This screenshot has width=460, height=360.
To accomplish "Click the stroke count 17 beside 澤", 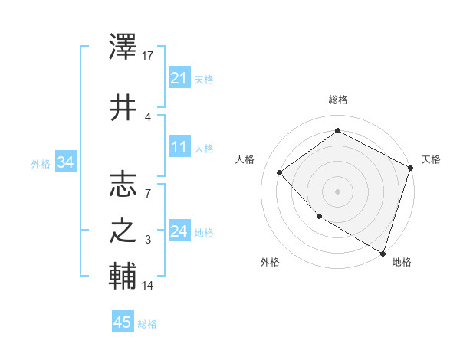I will pos(148,56).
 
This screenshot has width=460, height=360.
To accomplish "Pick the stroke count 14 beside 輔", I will pos(148,286).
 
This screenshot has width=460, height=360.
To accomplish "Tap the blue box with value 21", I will pos(179,78).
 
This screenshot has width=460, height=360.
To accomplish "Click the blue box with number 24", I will pos(179,231).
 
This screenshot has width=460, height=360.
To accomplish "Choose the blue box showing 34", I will pos(65,162).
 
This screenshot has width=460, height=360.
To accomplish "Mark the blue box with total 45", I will pos(123,322).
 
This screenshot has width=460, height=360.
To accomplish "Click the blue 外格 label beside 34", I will pos(40,163).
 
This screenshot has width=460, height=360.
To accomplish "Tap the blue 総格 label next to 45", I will pos(147,324).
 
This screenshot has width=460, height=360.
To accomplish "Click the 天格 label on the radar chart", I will pos(431,159).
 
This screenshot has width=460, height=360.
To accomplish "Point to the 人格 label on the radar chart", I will pos(245,159).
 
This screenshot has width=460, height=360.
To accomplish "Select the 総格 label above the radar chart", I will pos(338,100).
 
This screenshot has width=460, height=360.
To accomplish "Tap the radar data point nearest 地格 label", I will pos(383,252).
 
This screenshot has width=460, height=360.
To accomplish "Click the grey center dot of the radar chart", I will pos(338,191).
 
